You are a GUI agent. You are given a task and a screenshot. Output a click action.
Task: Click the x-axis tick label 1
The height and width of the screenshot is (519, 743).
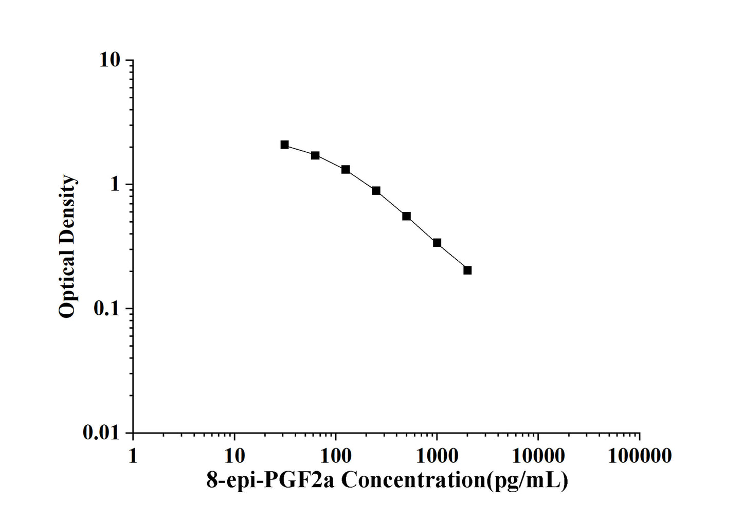[133, 455]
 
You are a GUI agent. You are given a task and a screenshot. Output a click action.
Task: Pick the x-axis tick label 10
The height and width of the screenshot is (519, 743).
[234, 455]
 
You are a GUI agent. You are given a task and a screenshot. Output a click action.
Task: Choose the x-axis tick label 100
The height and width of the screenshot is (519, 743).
[336, 455]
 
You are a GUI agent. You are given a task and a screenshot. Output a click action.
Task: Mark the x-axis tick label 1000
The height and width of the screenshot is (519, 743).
[437, 455]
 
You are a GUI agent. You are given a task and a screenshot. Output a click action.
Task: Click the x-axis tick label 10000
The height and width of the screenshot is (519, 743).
[538, 455]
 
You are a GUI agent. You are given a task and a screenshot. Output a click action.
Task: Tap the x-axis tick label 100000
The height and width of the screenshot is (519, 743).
[639, 455]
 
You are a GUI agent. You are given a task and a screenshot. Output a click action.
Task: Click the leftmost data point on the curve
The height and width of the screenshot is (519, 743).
[284, 145]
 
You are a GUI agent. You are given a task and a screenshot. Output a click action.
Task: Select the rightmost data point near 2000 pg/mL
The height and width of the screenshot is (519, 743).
[467, 270]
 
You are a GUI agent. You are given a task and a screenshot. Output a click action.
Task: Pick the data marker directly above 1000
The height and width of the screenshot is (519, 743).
[437, 243]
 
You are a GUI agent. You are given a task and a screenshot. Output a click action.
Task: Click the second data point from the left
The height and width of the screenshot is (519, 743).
[315, 155]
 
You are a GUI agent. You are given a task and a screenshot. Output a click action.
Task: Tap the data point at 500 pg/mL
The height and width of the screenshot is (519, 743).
[406, 216]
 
